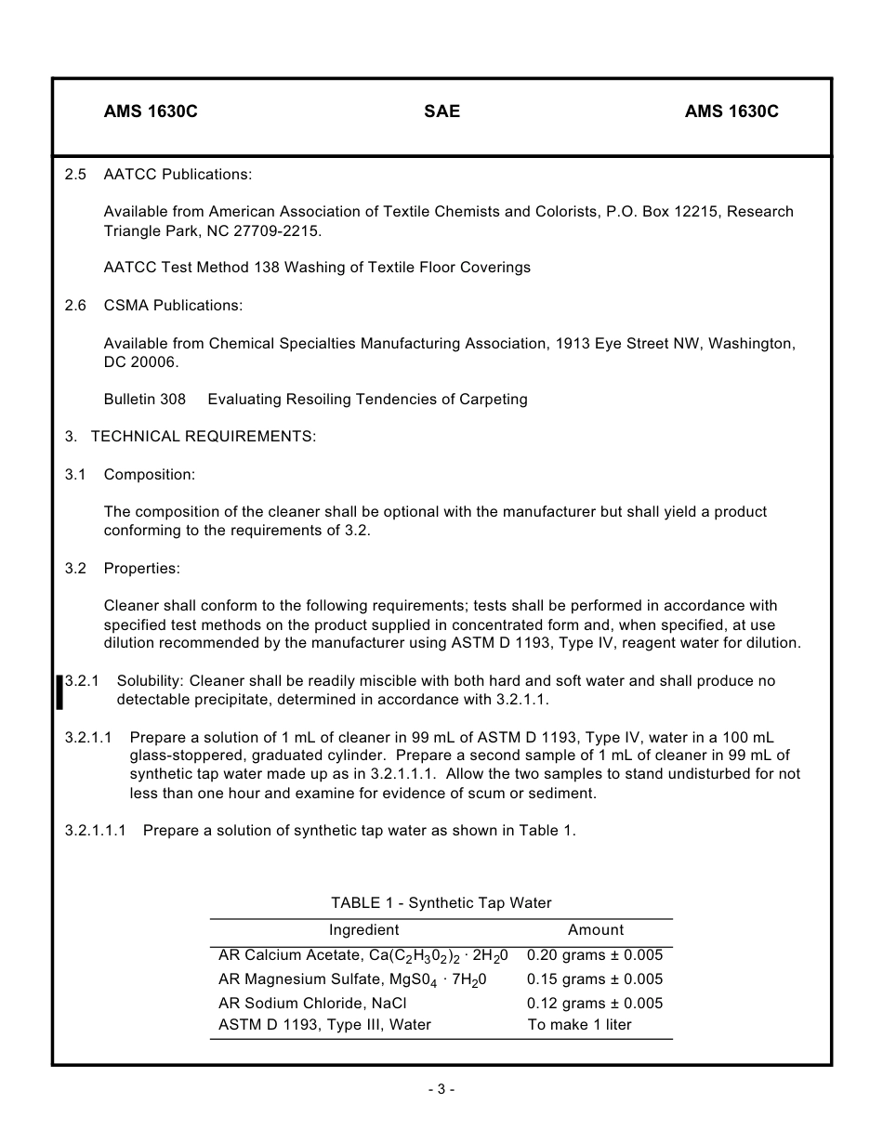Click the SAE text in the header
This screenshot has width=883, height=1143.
pos(441,112)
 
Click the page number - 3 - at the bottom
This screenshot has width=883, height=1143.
pos(441,1089)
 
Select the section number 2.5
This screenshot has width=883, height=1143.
pos(75,175)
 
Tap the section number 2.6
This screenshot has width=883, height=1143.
pos(75,306)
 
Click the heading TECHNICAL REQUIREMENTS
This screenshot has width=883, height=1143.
pos(204,437)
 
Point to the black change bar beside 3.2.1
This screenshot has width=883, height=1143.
pos(60,692)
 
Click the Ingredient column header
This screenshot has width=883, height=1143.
pos(363,930)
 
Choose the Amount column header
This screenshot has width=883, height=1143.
pos(596,930)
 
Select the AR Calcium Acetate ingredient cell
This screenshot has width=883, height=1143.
pos(363,955)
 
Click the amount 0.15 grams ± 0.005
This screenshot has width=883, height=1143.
pos(595,979)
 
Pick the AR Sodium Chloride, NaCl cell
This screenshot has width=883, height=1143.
pos(312,1004)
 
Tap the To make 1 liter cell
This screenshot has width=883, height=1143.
pos(579,1025)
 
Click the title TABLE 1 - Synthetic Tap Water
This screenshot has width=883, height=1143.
pos(441,903)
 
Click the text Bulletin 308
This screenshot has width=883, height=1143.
pos(145,400)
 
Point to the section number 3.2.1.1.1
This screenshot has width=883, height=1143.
pos(96,831)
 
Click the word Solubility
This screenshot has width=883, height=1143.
pos(149,681)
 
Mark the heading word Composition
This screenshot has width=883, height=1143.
pos(150,475)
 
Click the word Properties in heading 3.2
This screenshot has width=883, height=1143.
pos(142,569)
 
